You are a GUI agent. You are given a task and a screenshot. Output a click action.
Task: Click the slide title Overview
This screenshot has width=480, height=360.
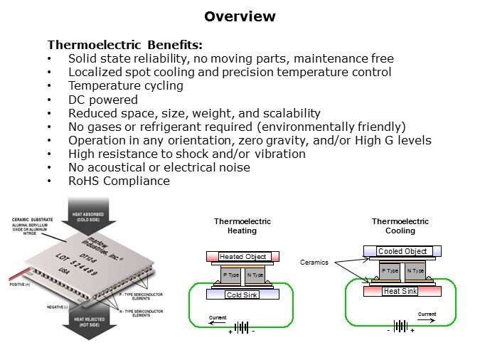click(x=240, y=16)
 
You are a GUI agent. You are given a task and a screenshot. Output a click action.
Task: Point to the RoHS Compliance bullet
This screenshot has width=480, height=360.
click(x=119, y=181)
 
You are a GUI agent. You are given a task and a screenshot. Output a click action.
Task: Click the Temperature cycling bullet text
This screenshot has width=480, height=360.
click(x=126, y=85)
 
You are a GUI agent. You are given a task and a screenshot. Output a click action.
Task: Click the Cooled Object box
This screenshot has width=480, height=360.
click(x=402, y=251)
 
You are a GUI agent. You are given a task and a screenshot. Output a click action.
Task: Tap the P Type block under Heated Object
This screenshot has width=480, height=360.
click(x=231, y=275)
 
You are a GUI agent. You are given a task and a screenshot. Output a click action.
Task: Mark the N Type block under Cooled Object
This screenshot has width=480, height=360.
click(x=415, y=270)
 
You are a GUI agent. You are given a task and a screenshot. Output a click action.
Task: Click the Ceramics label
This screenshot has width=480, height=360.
click(x=314, y=263)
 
